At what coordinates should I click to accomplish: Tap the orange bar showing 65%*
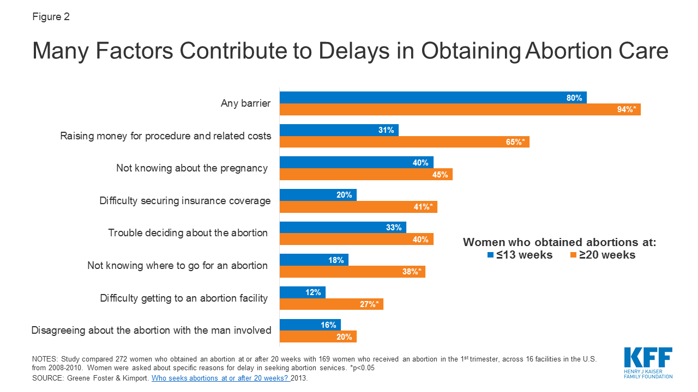[404, 142]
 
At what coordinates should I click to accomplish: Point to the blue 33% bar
[342, 228]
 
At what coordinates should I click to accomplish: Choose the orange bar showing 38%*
[352, 272]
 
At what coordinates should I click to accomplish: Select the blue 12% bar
[302, 293]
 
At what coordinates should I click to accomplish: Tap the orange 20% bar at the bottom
[318, 337]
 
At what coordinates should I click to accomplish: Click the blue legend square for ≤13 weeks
[491, 255]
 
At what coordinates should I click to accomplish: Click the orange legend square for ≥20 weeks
[574, 255]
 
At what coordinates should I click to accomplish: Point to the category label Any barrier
[245, 103]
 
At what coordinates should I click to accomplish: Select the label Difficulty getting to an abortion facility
[184, 298]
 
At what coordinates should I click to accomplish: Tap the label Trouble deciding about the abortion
[188, 233]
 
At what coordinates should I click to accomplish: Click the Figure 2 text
[51, 17]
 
